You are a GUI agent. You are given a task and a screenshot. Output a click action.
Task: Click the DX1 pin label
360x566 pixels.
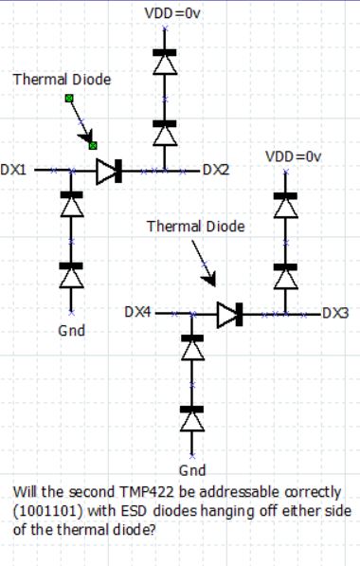(x=13, y=171)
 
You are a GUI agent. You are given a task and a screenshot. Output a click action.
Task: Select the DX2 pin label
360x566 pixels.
(x=215, y=171)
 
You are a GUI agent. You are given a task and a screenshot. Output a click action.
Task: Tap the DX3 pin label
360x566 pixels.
(x=335, y=312)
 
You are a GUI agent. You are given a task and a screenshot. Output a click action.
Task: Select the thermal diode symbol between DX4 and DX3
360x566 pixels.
(x=230, y=313)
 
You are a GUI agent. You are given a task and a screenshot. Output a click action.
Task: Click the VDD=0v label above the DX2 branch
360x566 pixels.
(x=167, y=14)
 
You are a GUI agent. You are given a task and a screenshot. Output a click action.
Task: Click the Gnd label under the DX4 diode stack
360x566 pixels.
(x=192, y=471)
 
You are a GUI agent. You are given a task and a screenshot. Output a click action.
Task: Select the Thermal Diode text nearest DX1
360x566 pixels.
(x=61, y=80)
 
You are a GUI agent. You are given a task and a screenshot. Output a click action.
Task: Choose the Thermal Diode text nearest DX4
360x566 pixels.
(x=195, y=227)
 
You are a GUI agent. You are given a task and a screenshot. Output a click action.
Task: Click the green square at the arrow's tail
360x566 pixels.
(x=68, y=98)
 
